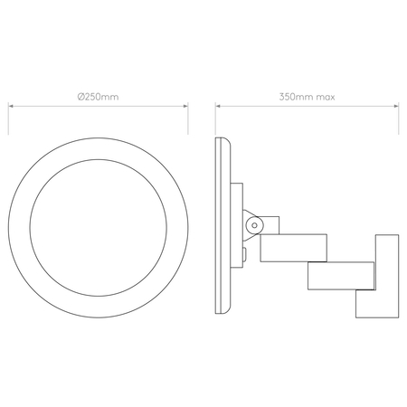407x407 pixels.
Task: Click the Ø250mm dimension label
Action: tap(98, 94)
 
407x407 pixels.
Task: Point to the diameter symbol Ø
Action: tap(80, 94)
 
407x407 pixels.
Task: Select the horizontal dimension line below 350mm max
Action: tap(308, 105)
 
